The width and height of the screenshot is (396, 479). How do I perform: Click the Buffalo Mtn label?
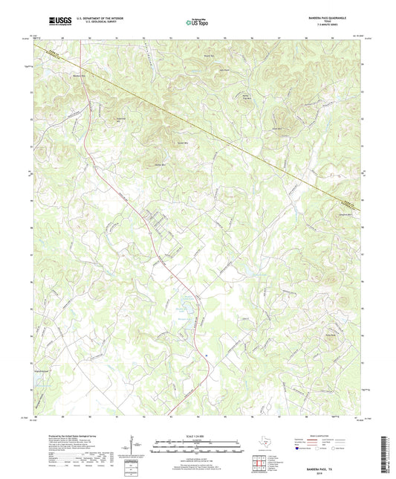[x=158, y=165]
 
